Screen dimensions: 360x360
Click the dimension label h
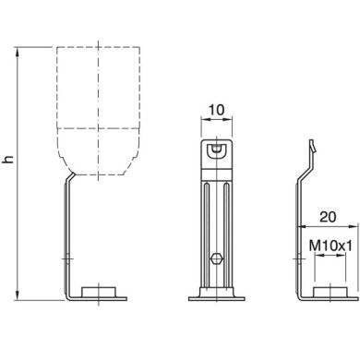9,159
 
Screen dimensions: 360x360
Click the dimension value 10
216,110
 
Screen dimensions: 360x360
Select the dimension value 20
328,217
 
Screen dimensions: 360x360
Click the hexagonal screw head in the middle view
216,258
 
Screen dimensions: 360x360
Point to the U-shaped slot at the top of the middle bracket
217,150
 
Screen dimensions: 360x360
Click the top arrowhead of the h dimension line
18,52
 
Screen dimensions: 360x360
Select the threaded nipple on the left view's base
99,292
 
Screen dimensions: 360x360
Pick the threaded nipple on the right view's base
330,292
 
